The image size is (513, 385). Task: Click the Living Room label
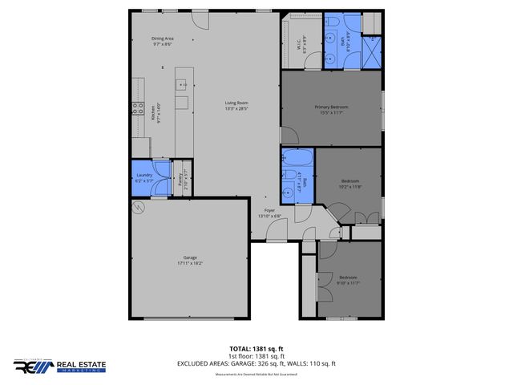tap(236, 102)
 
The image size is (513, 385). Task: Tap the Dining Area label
tap(164, 38)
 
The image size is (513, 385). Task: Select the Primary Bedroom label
tap(330, 107)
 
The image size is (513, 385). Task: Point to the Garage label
tap(189, 257)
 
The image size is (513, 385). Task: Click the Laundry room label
tap(144, 175)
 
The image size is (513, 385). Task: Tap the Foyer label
tap(269, 210)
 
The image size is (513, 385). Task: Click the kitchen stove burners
tap(138, 110)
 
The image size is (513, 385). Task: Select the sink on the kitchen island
tap(182, 83)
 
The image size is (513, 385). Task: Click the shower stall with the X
tap(372, 57)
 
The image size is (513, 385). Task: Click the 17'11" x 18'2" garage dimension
tap(189, 262)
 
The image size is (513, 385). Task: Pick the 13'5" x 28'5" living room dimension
tap(236, 107)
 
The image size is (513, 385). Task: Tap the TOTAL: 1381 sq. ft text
tap(256, 348)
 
